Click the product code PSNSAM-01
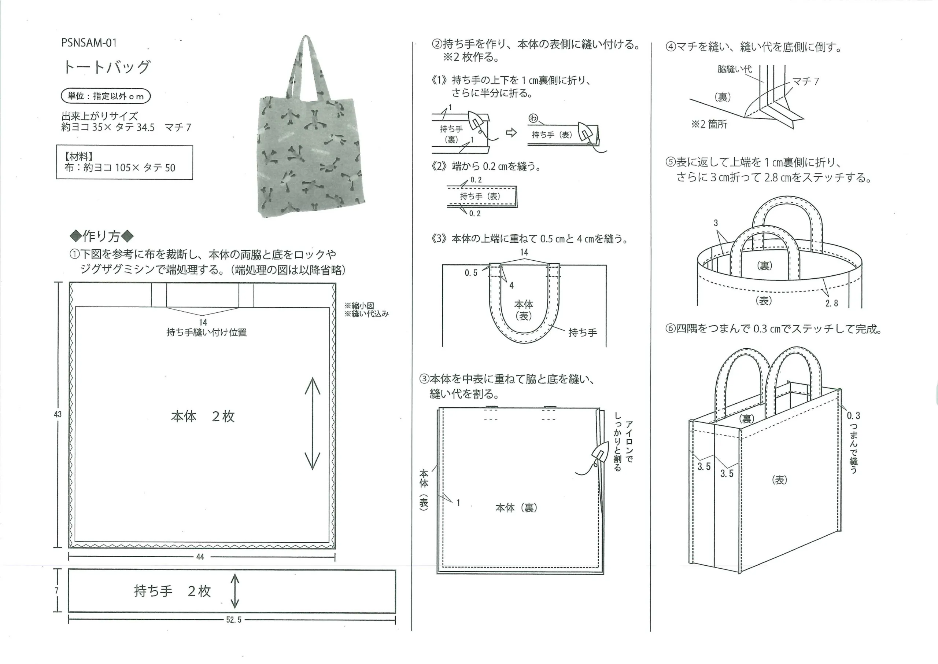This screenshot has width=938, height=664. tap(89, 43)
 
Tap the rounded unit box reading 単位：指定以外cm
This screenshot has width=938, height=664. tap(106, 96)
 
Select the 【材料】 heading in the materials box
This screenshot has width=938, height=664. tap(78, 157)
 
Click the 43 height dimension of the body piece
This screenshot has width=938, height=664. tap(58, 414)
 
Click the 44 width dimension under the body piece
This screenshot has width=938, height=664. tap(200, 557)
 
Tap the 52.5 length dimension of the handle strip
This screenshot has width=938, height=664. tap(234, 620)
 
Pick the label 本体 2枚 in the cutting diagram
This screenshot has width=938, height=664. tap(203, 416)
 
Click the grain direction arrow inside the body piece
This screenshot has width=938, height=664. tap(313, 423)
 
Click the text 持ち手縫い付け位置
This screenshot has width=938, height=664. tap(206, 333)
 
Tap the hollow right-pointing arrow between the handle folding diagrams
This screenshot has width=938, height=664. tap(511, 132)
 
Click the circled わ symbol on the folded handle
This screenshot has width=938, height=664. tap(533, 118)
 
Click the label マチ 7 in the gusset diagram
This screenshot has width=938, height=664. tap(806, 81)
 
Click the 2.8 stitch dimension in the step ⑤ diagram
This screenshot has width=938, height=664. tap(831, 303)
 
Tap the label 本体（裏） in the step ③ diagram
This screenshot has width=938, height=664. tap(516, 508)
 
